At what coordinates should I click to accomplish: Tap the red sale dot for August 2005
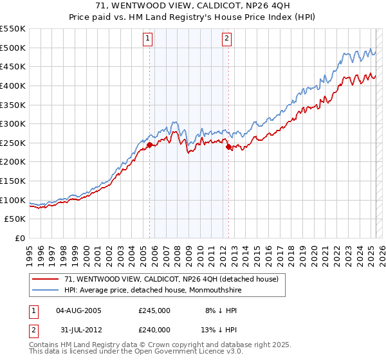tap(149, 145)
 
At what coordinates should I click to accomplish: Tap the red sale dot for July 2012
tap(228, 147)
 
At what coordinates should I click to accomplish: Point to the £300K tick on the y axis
tap(14, 123)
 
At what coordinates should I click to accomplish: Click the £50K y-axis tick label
tap(17, 219)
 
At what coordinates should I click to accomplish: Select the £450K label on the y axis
tap(14, 66)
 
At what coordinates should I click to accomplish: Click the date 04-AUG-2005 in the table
tap(79, 310)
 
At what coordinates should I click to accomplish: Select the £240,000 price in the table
tap(154, 328)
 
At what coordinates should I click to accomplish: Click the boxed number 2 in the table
tap(33, 328)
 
